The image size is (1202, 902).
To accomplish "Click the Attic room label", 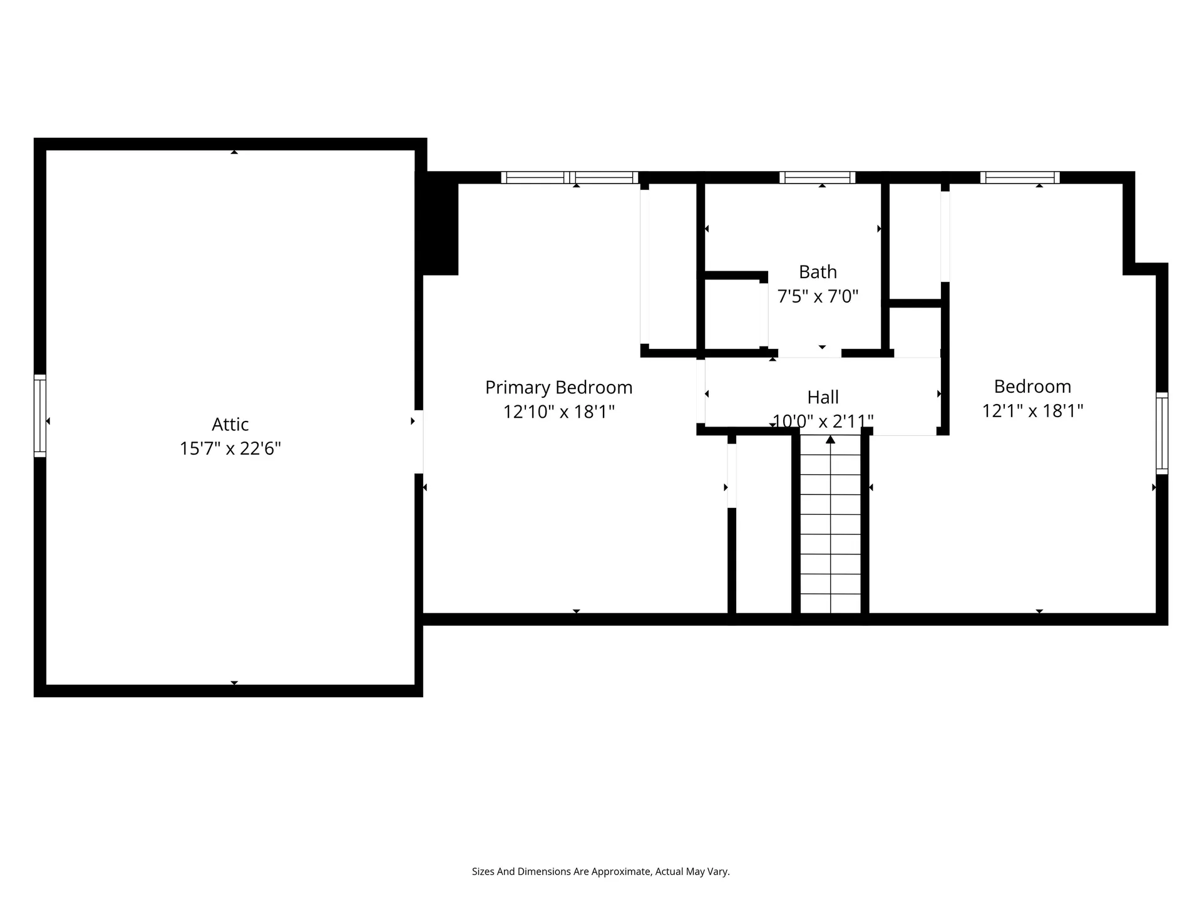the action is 230,424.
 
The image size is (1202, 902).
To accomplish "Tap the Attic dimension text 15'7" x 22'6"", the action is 230,448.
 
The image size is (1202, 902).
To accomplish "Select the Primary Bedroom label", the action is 559,388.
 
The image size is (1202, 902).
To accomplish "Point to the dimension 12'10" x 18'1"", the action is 559,412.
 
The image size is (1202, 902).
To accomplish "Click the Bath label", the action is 818,272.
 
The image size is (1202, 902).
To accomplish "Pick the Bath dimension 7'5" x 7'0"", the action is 818,296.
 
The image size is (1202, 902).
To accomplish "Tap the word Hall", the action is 823,397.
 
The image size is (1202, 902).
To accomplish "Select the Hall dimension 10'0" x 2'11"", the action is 823,421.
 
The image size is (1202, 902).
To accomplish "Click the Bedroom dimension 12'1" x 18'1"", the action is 1032,410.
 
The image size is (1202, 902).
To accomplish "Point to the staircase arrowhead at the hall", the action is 831,439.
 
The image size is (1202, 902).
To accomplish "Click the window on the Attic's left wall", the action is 40,416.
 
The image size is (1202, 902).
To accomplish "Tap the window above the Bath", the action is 817,178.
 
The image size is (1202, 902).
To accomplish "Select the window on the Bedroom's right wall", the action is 1162,433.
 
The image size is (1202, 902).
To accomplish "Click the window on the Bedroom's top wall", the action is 1020,178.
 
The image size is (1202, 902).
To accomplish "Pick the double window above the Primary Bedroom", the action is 570,178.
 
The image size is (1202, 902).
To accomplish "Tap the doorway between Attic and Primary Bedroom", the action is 419,442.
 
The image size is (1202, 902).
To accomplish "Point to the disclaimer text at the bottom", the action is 601,871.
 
